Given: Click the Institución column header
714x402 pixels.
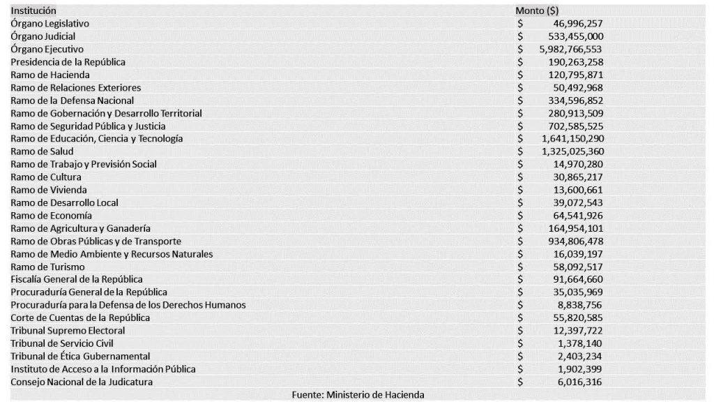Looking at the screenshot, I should pyautogui.click(x=33, y=11).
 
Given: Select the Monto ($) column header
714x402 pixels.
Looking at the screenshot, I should pyautogui.click(x=537, y=11).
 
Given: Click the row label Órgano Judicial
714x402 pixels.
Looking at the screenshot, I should pyautogui.click(x=43, y=36).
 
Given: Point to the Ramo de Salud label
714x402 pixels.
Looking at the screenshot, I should pyautogui.click(x=42, y=151).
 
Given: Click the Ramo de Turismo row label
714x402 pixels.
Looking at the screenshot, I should pyautogui.click(x=48, y=267).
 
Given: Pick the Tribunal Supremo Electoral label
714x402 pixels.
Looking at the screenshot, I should pyautogui.click(x=68, y=330).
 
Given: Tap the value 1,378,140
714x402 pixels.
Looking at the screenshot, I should pyautogui.click(x=580, y=343).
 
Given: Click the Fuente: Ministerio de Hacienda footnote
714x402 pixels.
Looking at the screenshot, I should pyautogui.click(x=358, y=394).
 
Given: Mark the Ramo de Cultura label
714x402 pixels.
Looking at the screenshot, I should pyautogui.click(x=46, y=177).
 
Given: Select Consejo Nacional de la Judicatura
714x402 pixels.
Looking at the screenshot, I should pyautogui.click(x=82, y=382).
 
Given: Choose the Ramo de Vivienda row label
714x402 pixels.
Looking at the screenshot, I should pyautogui.click(x=48, y=190).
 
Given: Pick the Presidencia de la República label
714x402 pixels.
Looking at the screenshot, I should pyautogui.click(x=68, y=62).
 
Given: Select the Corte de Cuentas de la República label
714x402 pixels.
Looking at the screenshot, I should pyautogui.click(x=80, y=318).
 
